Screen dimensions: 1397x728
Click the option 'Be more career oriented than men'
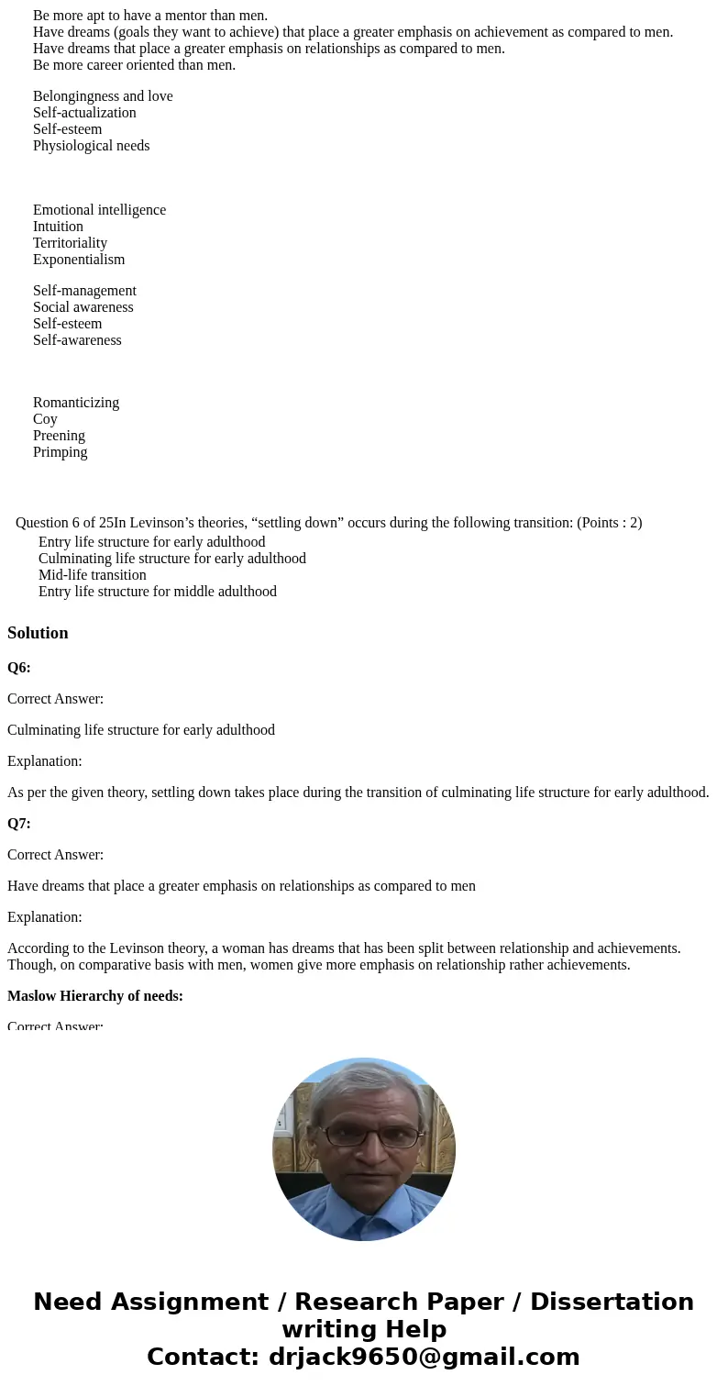(x=134, y=65)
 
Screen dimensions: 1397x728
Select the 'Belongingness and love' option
(x=103, y=96)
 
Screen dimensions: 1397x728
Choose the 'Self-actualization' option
(x=84, y=113)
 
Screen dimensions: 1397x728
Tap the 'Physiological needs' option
(x=91, y=146)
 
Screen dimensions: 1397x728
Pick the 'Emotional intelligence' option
(x=99, y=210)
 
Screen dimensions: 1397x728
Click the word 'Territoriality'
(x=70, y=243)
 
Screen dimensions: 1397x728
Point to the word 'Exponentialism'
(x=79, y=260)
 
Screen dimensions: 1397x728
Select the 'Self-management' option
(x=84, y=291)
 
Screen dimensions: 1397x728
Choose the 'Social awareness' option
(x=83, y=307)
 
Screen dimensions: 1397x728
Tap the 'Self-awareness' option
(x=77, y=340)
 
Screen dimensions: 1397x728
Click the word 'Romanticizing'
(x=76, y=403)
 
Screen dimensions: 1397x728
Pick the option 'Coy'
(x=45, y=419)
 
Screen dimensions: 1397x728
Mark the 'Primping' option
(x=61, y=452)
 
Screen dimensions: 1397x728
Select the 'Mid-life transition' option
(x=92, y=575)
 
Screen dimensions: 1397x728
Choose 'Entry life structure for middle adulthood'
(x=157, y=592)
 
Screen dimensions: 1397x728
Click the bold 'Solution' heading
(x=38, y=633)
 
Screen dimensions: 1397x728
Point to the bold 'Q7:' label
(x=19, y=824)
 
